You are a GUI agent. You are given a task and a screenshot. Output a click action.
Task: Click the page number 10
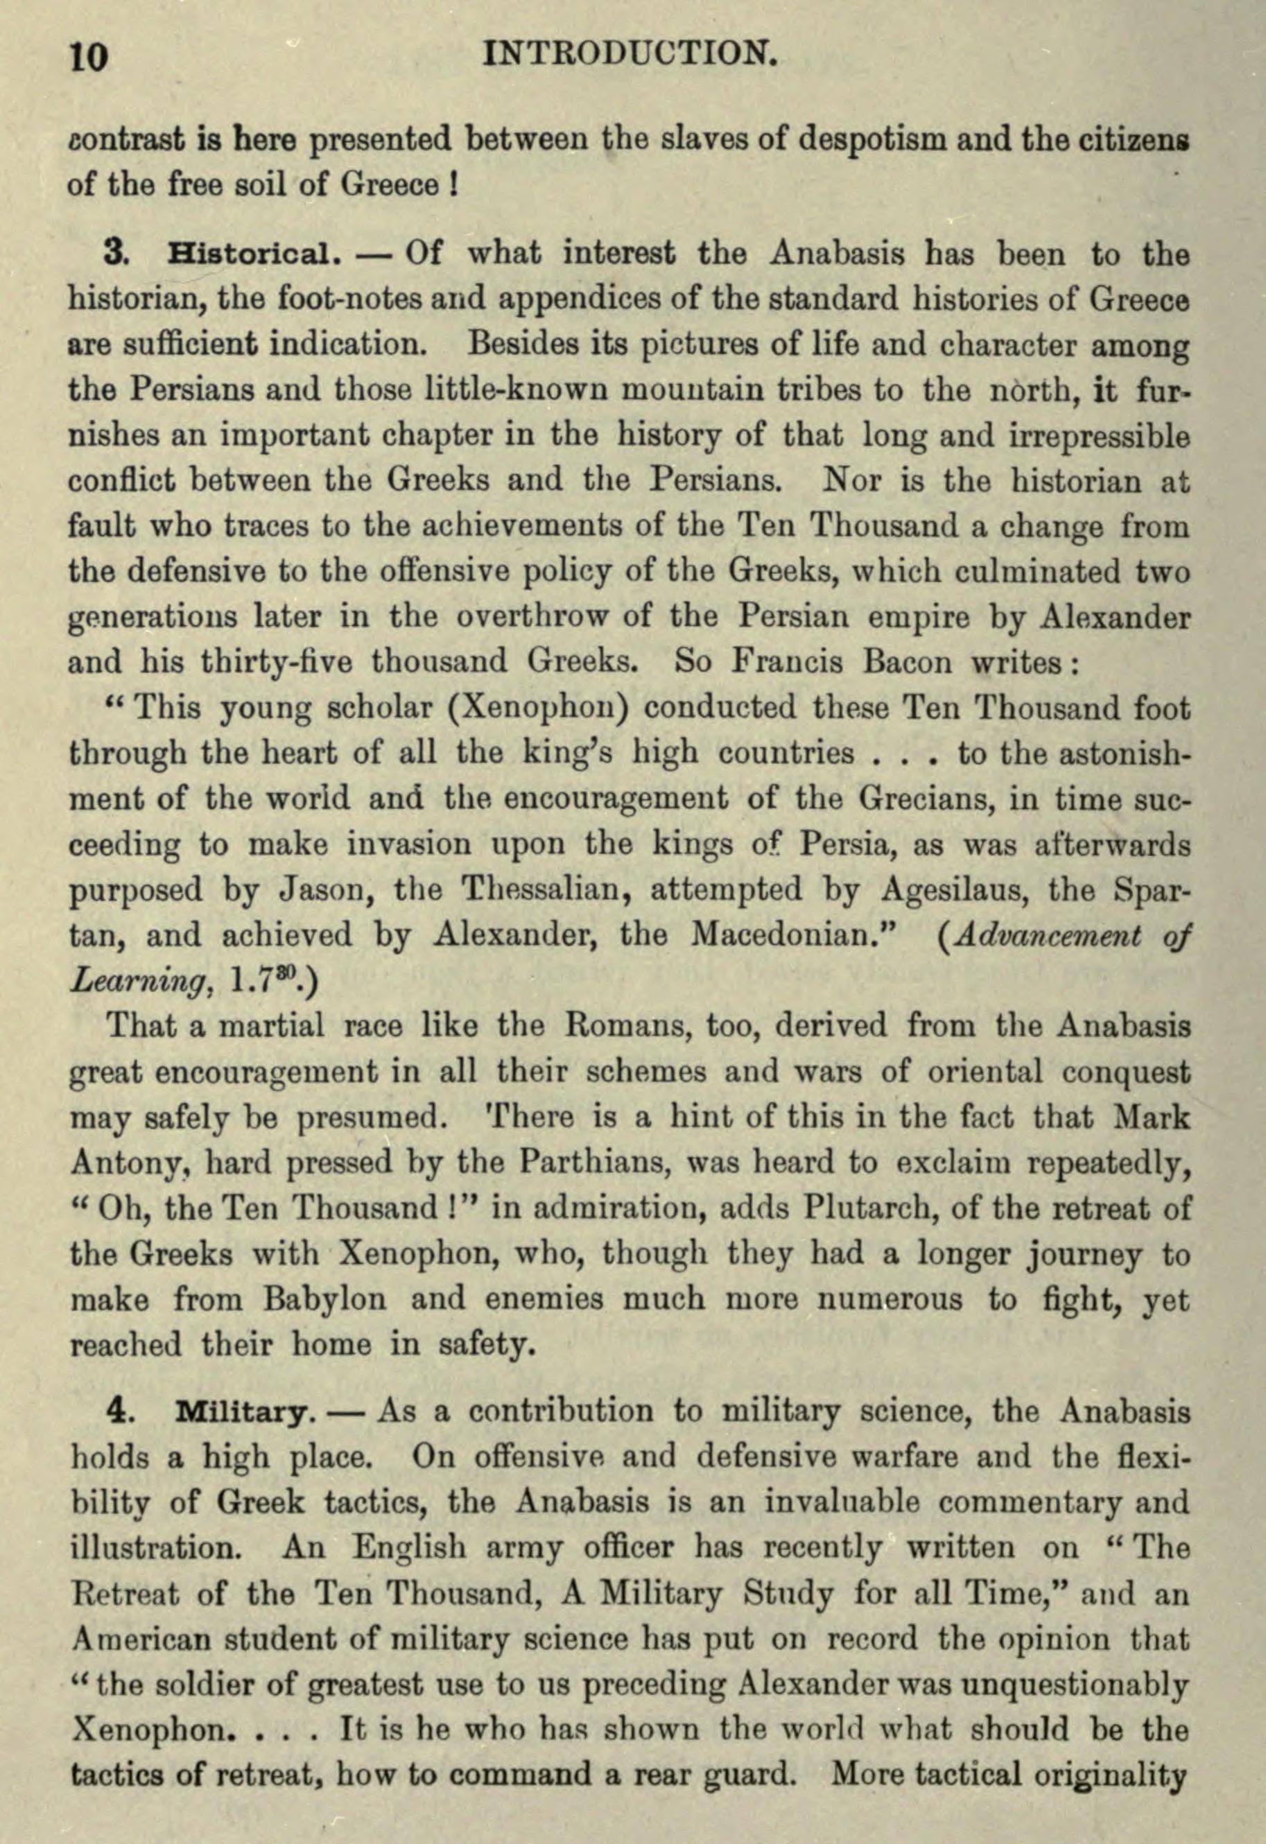(x=89, y=57)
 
